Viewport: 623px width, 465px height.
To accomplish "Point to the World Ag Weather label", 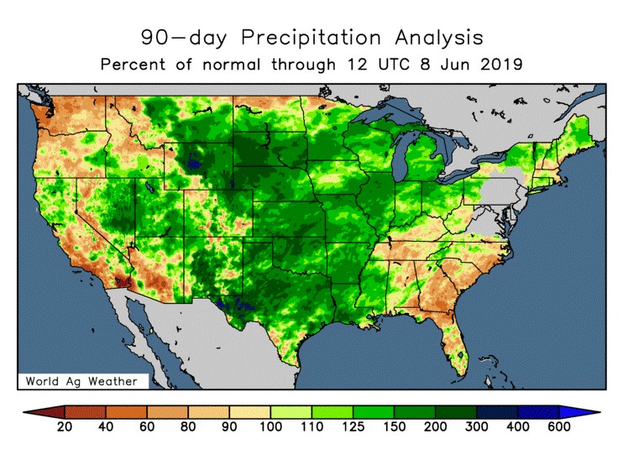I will [x=81, y=381].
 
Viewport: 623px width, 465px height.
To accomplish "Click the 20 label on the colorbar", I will [x=65, y=427].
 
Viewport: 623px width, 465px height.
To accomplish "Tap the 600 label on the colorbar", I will [x=558, y=427].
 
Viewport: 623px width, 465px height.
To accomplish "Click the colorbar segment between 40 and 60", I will [x=126, y=412].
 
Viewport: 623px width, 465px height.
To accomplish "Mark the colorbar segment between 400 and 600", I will [x=537, y=412].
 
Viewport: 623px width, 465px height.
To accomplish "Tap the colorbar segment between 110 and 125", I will [x=332, y=412].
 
